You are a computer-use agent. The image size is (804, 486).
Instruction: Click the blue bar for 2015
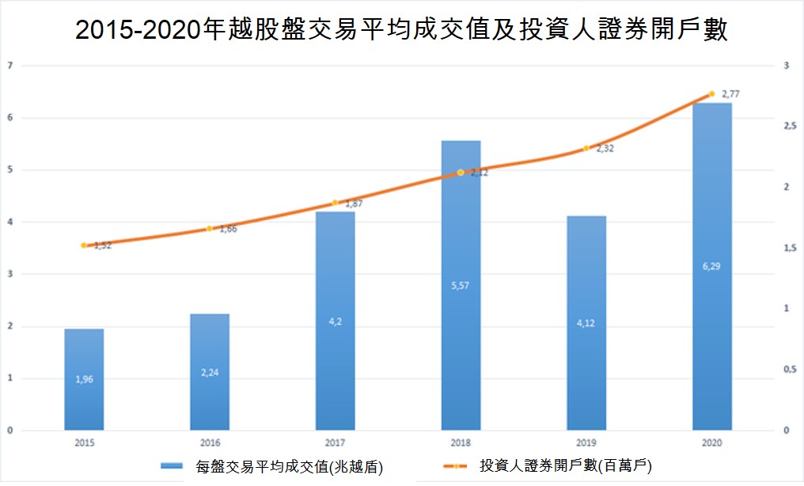tap(84, 379)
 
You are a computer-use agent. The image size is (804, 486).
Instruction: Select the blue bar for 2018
tap(461, 285)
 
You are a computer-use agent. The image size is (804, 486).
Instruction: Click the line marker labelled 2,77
tap(711, 94)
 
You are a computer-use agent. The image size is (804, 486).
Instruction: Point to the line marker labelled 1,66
tap(210, 229)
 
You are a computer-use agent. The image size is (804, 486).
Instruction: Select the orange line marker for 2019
tap(586, 149)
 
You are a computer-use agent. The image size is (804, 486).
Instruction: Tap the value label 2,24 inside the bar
tap(210, 373)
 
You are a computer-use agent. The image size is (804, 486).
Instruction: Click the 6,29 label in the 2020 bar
tap(711, 267)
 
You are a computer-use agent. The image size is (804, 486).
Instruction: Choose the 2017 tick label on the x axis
tap(335, 443)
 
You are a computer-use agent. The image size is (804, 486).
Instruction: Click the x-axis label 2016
tap(210, 443)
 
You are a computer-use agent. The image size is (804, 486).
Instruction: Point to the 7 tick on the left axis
tap(9, 66)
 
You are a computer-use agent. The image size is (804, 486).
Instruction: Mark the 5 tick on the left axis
tap(9, 170)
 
